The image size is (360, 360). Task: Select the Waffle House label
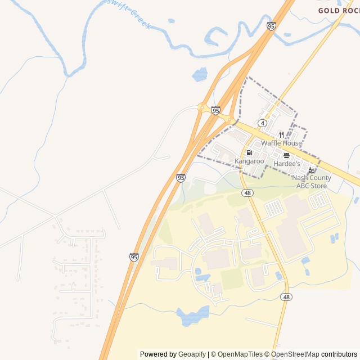[281, 143]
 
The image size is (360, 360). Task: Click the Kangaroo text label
[249, 161]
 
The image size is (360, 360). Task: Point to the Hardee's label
[287, 163]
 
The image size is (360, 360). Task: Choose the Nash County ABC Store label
[312, 182]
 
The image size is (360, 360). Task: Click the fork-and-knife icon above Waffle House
[281, 135]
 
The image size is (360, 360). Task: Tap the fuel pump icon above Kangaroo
[249, 153]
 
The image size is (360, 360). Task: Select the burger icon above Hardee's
[287, 155]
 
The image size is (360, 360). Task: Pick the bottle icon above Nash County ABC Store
[310, 170]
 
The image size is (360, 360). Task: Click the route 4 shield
[263, 123]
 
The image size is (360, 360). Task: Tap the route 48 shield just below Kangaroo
[247, 193]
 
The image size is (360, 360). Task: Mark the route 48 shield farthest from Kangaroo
[286, 297]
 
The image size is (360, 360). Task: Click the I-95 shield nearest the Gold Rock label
[271, 26]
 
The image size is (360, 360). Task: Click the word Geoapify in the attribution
[192, 354]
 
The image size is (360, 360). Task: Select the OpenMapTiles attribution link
[241, 354]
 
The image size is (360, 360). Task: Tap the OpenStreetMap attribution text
[295, 354]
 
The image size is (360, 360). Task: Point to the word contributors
[339, 354]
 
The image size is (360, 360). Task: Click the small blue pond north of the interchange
[200, 74]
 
